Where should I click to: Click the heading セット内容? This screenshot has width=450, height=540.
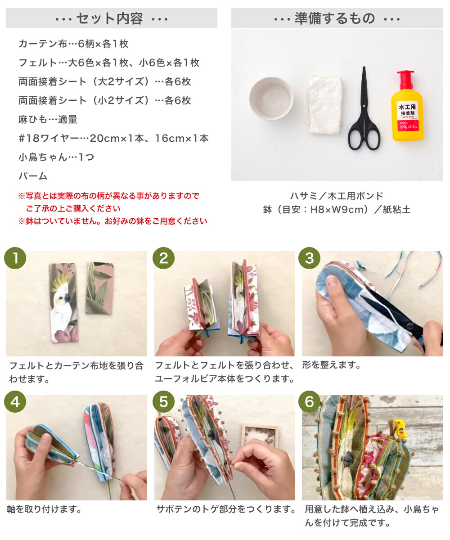pyautogui.click(x=111, y=18)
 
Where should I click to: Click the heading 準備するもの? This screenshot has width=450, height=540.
pyautogui.click(x=337, y=18)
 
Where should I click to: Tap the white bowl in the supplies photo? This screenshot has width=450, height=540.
pyautogui.click(x=271, y=98)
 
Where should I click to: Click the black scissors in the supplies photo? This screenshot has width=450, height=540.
pyautogui.click(x=364, y=112)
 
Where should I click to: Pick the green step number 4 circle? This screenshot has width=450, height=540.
pyautogui.click(x=15, y=402)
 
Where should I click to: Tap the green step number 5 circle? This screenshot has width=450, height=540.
pyautogui.click(x=163, y=402)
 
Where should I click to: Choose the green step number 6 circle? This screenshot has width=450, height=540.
pyautogui.click(x=309, y=402)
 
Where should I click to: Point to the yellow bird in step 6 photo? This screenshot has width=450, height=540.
pyautogui.click(x=399, y=428)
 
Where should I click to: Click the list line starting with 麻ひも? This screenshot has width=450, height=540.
pyautogui.click(x=48, y=119)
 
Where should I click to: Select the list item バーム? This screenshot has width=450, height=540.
pyautogui.click(x=33, y=176)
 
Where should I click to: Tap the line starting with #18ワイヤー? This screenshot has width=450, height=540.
pyautogui.click(x=113, y=138)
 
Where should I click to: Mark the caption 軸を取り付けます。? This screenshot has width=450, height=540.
pyautogui.click(x=44, y=509)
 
